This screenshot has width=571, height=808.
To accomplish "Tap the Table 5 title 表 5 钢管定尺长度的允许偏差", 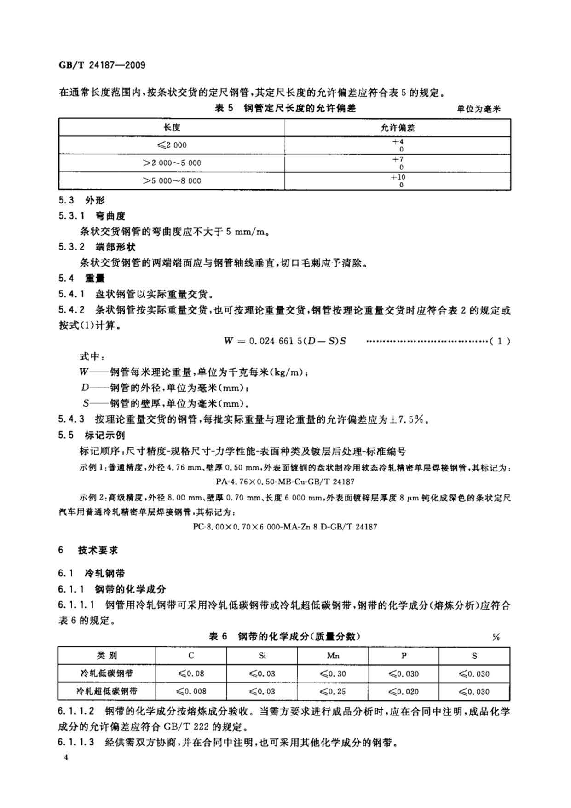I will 285,109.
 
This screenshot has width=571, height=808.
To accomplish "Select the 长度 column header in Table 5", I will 172,128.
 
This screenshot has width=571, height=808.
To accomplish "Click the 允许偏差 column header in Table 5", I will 398,128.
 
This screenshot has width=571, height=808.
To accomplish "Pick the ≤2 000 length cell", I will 172,145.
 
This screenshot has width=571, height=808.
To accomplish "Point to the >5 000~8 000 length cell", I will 172,181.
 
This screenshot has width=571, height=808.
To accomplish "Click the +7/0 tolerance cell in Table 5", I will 398,163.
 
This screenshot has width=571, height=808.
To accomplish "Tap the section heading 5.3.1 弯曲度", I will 92,216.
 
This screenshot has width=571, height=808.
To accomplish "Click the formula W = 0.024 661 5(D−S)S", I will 285,341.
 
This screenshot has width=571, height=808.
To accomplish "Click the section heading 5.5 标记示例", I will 92,435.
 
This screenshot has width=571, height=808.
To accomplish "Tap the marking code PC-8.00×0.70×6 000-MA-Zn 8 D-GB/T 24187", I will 285,527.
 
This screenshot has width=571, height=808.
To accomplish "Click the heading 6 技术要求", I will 88,550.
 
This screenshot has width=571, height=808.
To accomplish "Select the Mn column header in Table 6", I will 333,656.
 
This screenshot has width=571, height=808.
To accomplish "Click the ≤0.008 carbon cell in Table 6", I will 191,691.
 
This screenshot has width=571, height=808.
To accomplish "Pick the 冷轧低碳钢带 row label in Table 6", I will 107,674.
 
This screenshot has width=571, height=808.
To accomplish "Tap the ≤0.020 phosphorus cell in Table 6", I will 404,691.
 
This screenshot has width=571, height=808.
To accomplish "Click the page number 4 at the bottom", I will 66,758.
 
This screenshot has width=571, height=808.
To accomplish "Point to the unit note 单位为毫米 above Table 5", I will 478,109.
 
